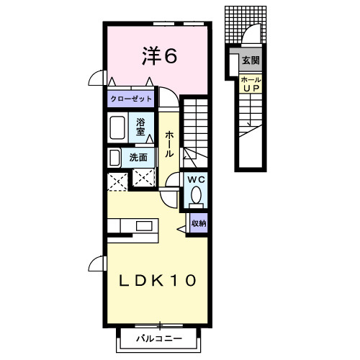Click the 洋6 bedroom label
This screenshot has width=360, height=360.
[x=160, y=56]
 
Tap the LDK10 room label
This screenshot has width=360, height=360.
[x=158, y=280]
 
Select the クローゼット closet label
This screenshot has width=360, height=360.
[x=131, y=99]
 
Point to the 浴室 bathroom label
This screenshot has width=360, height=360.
[x=140, y=127]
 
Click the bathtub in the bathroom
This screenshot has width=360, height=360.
[x=117, y=127]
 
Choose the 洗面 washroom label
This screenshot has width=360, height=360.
[x=138, y=158]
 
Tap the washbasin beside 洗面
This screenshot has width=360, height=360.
[x=114, y=158]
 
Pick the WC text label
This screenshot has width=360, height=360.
[x=197, y=179]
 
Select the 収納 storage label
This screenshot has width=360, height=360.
[x=199, y=223]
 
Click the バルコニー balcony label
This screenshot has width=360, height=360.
[x=159, y=338]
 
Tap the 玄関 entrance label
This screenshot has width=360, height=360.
[x=251, y=60]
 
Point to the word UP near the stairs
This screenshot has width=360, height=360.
[x=251, y=89]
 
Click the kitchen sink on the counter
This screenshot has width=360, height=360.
[x=144, y=226]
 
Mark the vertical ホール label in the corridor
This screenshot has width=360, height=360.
[x=169, y=144]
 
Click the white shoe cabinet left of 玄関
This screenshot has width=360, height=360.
[x=234, y=65]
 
